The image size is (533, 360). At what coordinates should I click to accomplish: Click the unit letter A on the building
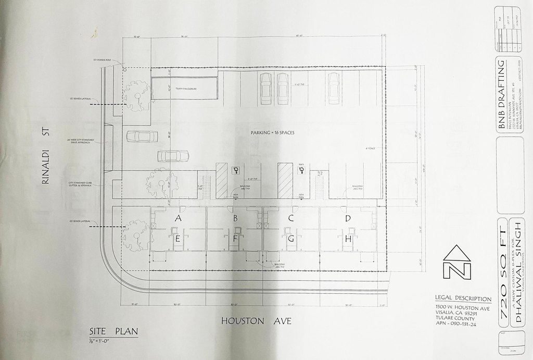pos(178,218)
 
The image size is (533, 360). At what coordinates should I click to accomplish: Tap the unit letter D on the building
pos(348,218)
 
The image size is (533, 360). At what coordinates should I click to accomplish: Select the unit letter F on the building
pos(235,239)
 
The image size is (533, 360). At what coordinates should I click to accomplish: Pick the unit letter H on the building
pos(348,239)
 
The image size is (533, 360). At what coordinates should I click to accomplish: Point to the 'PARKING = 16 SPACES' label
pos(273,133)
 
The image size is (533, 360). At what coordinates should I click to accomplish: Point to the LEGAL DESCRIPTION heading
pos(463,299)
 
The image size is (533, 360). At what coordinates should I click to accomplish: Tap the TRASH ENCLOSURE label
pos(185,89)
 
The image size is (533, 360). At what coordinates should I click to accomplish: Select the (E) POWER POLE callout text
pos(103,60)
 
